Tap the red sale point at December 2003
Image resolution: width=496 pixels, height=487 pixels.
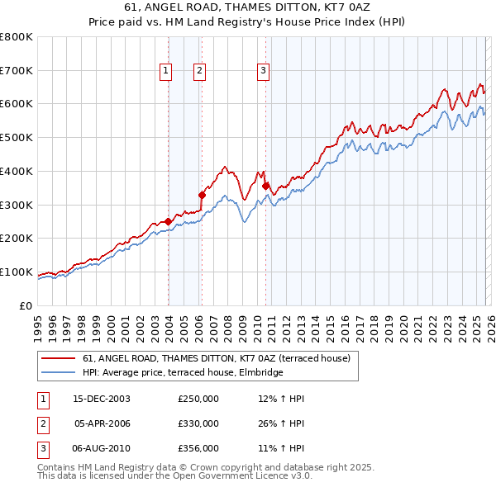(169, 221)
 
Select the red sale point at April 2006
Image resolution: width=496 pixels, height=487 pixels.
(202, 195)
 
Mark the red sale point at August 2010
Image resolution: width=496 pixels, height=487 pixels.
(265, 186)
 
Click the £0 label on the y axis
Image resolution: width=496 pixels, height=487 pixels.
(26, 306)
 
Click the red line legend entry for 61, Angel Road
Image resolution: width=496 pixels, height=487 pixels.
(217, 358)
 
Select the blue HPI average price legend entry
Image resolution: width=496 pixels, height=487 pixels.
(183, 372)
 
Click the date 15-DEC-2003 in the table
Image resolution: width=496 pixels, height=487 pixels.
(102, 399)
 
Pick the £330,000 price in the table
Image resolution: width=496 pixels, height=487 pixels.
(198, 423)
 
